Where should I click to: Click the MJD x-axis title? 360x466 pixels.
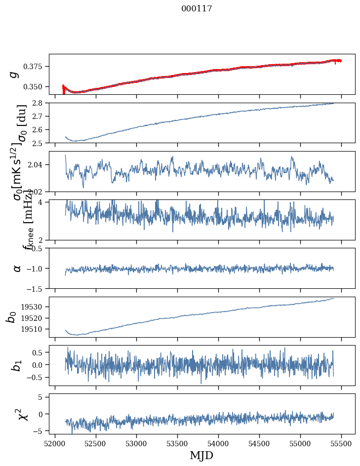[201, 456]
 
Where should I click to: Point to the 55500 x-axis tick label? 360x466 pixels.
[342, 443]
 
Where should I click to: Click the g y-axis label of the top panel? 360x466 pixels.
[15, 74]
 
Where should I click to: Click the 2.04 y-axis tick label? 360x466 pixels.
[38, 164]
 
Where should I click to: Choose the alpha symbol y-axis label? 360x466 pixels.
[17, 268]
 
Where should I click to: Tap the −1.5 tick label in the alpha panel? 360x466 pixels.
[37, 288]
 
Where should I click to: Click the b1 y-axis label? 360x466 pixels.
[16, 366]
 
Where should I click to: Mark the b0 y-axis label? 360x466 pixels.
[11, 317]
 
